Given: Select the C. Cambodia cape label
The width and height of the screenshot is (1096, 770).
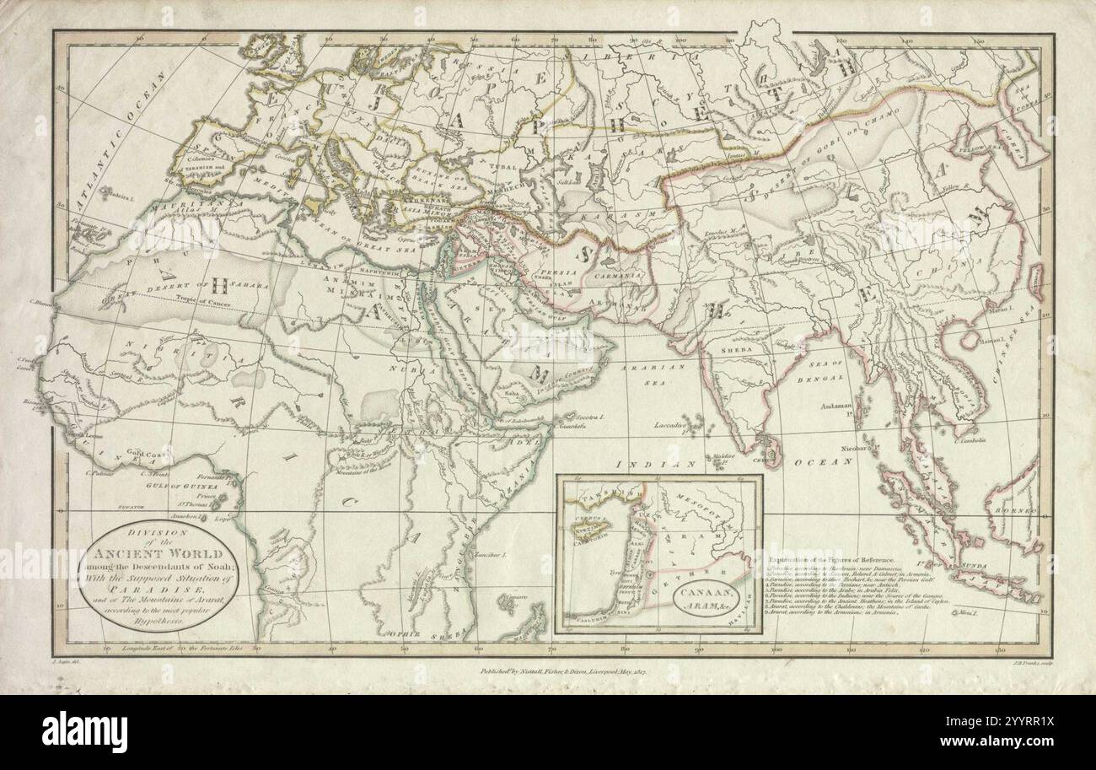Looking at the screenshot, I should (x=970, y=439).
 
